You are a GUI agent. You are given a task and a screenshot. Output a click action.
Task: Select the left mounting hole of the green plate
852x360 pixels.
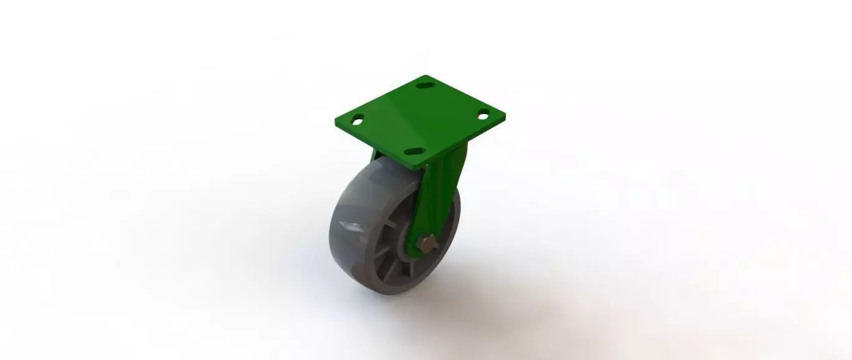point(357,119)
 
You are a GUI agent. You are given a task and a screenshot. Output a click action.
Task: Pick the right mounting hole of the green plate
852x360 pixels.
point(483,114)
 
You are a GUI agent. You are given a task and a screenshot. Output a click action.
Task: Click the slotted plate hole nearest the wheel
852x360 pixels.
point(414,152)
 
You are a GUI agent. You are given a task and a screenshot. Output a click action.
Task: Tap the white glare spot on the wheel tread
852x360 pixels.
point(350,223)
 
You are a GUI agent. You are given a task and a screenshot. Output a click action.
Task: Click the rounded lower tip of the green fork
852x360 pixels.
point(415,253)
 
